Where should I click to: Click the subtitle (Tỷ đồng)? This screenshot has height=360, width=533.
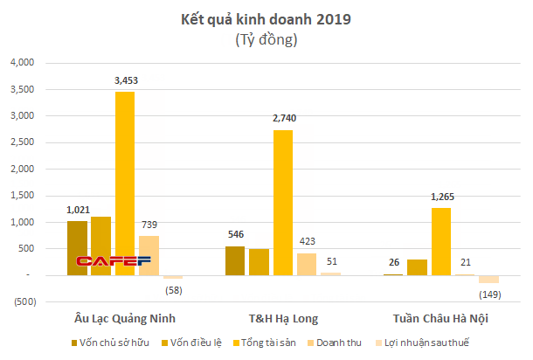click(x=267, y=40)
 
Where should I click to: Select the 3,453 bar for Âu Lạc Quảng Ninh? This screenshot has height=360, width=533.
click(x=125, y=183)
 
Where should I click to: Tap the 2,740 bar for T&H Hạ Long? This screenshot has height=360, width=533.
click(x=283, y=203)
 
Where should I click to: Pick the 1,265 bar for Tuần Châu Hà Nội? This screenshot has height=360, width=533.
click(x=441, y=241)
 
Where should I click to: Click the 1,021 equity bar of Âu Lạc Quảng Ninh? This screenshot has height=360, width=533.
click(x=78, y=248)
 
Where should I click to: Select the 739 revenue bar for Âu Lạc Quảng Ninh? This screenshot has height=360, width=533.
click(x=149, y=255)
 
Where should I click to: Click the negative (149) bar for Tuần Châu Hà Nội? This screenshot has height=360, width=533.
click(x=488, y=280)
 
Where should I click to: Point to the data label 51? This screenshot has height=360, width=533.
click(x=331, y=261)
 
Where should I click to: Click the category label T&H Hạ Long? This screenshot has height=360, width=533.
click(x=283, y=316)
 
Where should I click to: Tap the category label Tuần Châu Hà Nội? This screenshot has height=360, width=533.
click(x=441, y=316)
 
